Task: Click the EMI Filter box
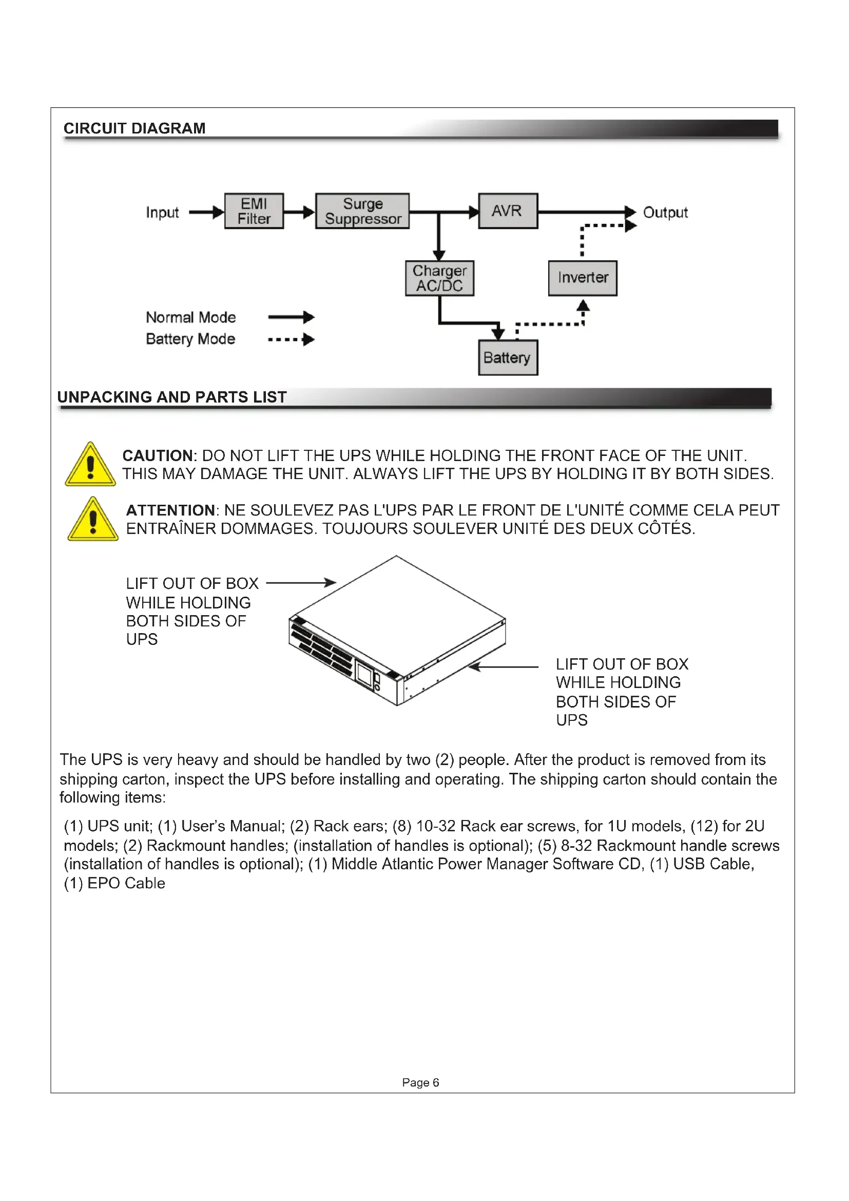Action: [x=254, y=211]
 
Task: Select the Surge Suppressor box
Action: [x=362, y=211]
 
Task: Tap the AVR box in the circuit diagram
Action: [x=508, y=211]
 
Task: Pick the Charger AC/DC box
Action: [x=440, y=278]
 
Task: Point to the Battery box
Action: [x=508, y=358]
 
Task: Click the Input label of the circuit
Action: [x=162, y=213]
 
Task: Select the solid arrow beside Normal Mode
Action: [x=291, y=317]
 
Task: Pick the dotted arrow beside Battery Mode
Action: [x=291, y=339]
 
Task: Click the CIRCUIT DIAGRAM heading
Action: [x=134, y=128]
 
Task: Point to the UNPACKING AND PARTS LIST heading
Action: [x=172, y=397]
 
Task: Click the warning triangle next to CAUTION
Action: [x=90, y=465]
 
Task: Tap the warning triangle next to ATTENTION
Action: [x=93, y=520]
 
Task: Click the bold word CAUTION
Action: [x=158, y=455]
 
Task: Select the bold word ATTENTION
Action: [x=170, y=510]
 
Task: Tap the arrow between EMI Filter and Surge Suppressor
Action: [x=300, y=212]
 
